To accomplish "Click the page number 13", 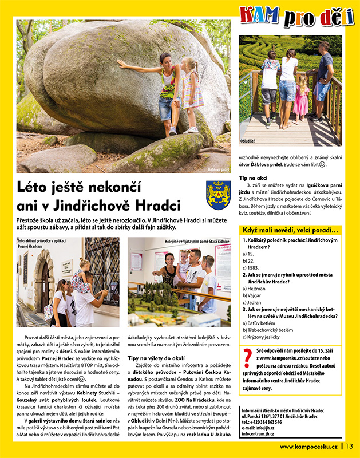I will pos(349,447).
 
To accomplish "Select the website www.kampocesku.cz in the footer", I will pos(309,447).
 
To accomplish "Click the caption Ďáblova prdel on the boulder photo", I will pos(217,170).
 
